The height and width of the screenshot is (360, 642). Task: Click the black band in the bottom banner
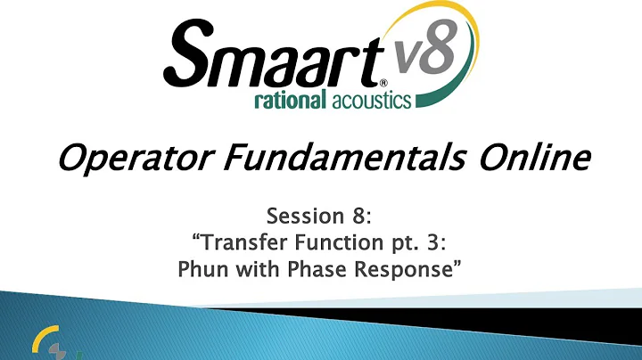click(446, 317)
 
